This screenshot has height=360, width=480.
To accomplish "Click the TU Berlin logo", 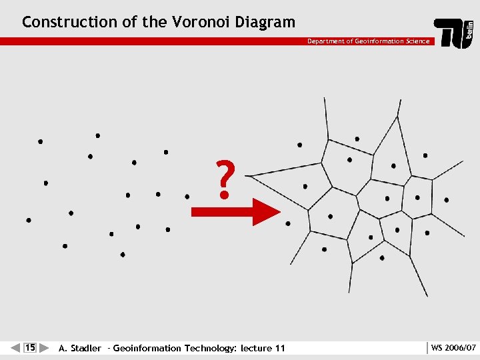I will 455,33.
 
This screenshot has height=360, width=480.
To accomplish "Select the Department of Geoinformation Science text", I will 368,41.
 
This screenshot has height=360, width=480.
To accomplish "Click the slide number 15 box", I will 30,347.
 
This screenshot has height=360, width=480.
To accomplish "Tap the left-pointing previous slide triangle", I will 15,347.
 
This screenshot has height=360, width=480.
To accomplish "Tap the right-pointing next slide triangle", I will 45,347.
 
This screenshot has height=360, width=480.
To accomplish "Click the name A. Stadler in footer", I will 80,348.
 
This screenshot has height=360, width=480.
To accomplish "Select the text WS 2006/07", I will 453,348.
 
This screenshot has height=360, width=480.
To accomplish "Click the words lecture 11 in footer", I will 263,348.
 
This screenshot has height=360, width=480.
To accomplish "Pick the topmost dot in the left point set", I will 98,135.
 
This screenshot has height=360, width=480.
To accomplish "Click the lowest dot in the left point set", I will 123,255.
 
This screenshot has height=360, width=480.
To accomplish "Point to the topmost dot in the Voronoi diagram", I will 357,139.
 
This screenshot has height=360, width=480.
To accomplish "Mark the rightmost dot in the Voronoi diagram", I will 446,199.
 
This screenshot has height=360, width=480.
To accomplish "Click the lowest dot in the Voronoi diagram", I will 382,258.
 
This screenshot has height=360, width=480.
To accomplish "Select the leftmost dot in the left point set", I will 29,220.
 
